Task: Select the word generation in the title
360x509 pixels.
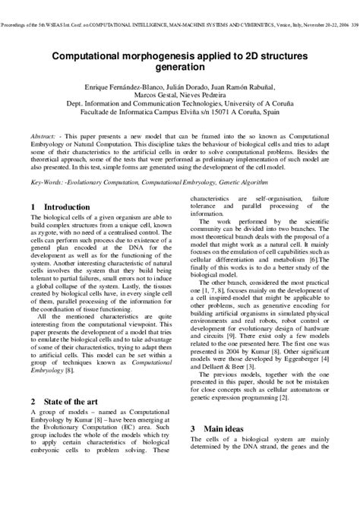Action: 180,68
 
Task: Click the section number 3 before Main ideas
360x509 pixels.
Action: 193,428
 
